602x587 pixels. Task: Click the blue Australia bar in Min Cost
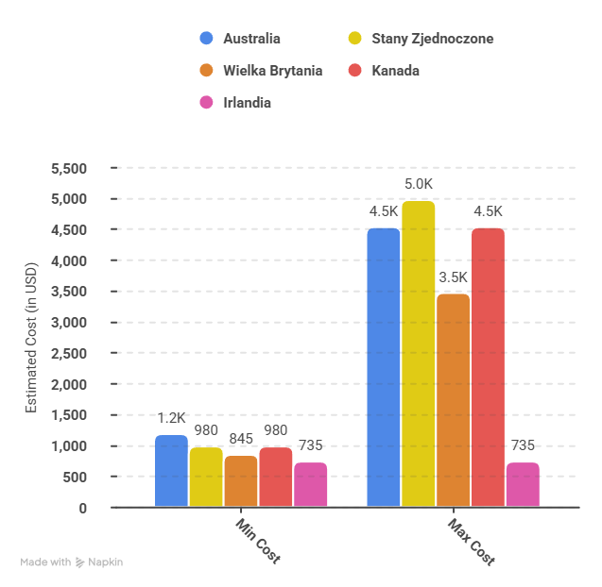(x=171, y=471)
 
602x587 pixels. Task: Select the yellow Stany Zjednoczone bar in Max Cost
(x=418, y=354)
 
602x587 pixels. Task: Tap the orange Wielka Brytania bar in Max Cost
(x=453, y=400)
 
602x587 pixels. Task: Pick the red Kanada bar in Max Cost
(x=488, y=367)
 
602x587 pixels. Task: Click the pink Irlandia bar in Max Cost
(x=523, y=484)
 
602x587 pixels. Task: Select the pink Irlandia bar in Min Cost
(x=310, y=484)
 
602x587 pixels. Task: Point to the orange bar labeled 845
(x=241, y=481)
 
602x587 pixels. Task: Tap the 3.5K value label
(x=453, y=277)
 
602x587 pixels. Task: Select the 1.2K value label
(x=171, y=418)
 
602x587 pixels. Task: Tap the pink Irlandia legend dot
(x=206, y=102)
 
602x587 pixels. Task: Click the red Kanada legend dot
(x=354, y=71)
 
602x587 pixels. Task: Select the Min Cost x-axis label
(x=257, y=541)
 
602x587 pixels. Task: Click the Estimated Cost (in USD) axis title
(x=31, y=338)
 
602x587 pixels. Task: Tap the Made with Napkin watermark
(x=72, y=562)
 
